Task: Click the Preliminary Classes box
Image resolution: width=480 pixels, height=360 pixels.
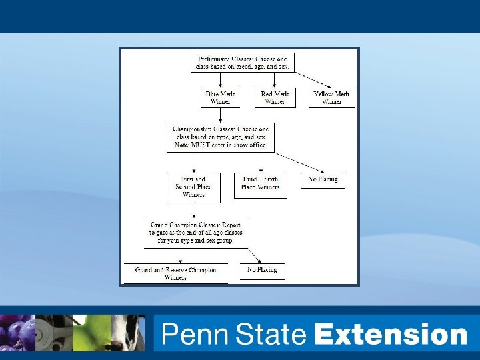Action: pos(242,63)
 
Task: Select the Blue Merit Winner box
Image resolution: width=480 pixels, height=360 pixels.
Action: pos(220,98)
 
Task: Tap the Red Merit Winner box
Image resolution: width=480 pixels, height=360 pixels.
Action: pos(275,98)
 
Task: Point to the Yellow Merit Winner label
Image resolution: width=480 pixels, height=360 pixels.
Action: pos(331,98)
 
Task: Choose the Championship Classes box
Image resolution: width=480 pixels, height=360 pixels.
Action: pos(220,136)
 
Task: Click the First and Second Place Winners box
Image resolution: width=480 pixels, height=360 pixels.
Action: pos(193,187)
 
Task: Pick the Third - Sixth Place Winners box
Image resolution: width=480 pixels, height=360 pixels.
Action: pos(260,184)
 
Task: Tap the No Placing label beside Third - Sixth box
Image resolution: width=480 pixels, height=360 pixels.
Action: pos(323,179)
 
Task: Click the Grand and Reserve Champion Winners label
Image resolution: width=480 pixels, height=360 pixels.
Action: pos(175,273)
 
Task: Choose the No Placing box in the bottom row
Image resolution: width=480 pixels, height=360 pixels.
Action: pos(262,271)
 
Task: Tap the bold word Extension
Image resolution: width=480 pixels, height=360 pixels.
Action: pos(391,334)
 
